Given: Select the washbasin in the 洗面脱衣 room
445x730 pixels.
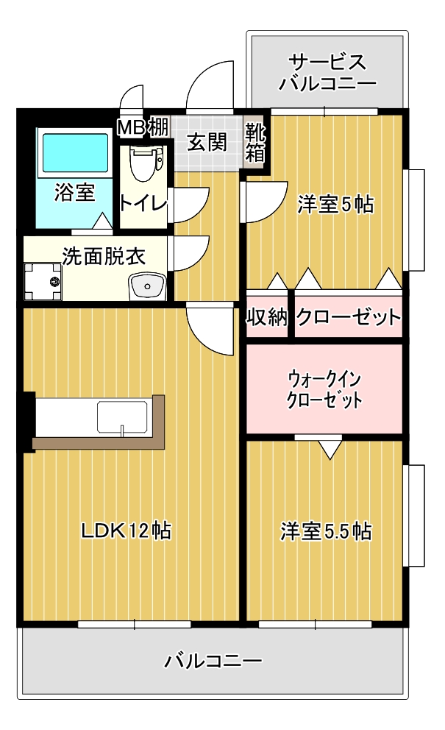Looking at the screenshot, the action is (148, 286).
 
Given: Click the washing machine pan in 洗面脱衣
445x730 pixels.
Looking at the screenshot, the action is (43, 282).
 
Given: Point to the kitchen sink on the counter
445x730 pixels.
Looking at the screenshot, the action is (122, 417).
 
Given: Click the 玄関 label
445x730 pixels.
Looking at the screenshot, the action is (207, 142).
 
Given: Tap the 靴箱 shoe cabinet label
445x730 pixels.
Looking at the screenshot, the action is (255, 143).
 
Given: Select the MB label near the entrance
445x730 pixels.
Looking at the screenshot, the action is (132, 127).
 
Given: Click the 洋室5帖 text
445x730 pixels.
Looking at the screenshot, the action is (335, 204).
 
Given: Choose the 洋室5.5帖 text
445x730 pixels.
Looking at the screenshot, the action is (326, 531).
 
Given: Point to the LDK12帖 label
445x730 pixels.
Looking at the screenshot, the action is (127, 531).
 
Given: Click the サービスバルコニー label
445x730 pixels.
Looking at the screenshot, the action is (327, 73).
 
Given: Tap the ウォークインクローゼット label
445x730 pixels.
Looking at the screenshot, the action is (324, 390).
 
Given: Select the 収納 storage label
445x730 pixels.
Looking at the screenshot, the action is (267, 317).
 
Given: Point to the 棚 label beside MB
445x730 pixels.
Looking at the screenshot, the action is (158, 127).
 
